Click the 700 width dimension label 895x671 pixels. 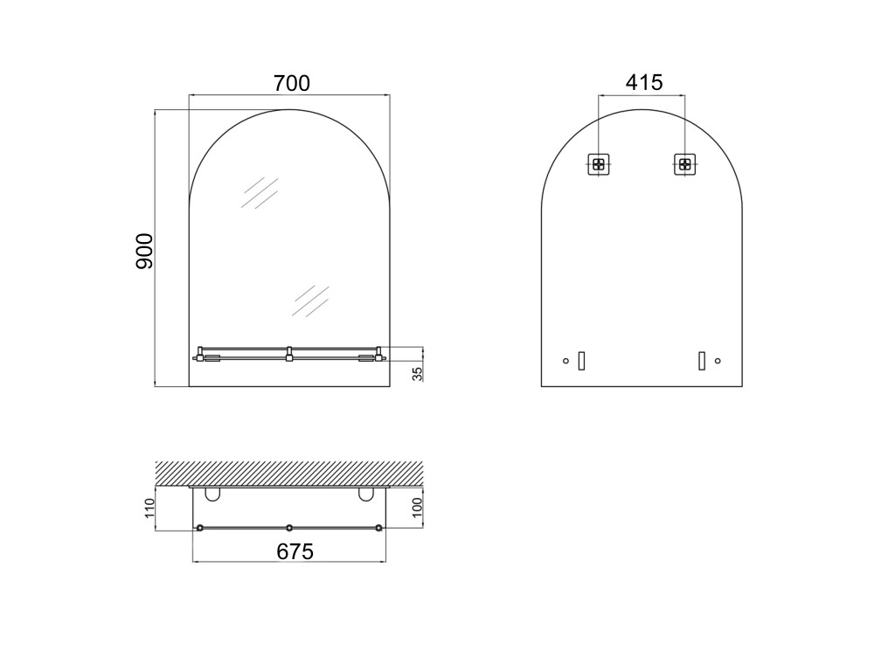point(292,83)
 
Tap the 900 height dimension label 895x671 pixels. point(144,251)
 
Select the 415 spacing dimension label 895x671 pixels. point(644,82)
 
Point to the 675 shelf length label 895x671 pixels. point(295,552)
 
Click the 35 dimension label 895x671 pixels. point(418,374)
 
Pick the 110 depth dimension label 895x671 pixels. point(149,508)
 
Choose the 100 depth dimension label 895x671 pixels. point(417,508)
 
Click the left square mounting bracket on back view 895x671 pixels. point(598,164)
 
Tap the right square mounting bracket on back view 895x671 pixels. point(685,164)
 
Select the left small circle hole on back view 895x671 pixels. point(565,361)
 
